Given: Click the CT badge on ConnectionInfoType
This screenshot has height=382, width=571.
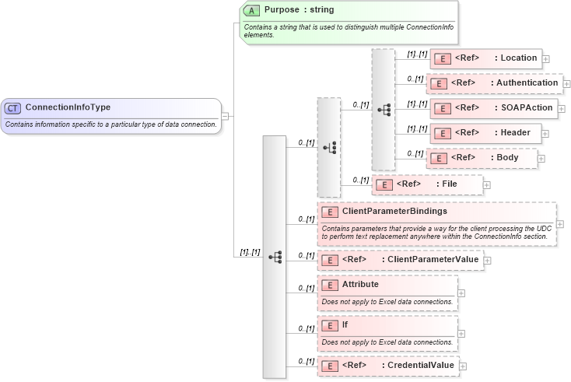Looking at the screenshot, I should point(12,107).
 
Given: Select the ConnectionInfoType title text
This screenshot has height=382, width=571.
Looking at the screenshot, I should point(68,107).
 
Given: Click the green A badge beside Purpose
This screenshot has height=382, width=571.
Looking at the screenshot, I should point(252,11).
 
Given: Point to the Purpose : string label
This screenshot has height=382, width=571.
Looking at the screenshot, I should point(297,11).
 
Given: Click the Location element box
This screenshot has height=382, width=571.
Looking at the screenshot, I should point(485,58).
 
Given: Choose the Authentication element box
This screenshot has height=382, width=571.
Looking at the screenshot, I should point(494,82).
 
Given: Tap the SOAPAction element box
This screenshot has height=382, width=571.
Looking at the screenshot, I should point(493,107).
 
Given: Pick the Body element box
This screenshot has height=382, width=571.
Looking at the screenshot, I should point(482,157).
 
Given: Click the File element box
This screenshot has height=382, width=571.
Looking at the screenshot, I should point(427,184).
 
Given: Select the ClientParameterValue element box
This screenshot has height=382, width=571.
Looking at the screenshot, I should point(400,259).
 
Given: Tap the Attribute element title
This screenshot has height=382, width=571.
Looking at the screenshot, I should point(360,285).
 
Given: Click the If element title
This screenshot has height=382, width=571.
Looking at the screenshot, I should point(345,324).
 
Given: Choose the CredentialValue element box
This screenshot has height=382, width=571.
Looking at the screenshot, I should point(387,365).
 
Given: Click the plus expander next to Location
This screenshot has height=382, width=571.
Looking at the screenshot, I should point(546,58).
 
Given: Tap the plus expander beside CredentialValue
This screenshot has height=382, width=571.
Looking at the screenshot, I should point(463,366).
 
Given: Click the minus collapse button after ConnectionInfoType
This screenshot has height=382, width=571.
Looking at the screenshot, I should point(225,116).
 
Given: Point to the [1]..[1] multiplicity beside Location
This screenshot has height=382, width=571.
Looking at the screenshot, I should point(417,54).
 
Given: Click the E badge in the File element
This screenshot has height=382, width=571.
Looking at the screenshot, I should point(384,184).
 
